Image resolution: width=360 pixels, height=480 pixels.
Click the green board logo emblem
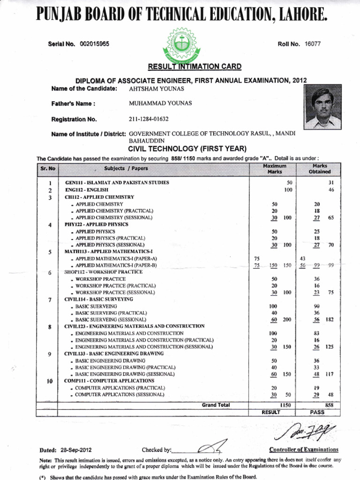[x=180, y=47]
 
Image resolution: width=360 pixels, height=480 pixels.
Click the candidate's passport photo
[x=323, y=108]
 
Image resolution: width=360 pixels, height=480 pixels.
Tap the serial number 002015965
[x=94, y=44]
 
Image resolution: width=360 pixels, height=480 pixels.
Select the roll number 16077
[x=313, y=44]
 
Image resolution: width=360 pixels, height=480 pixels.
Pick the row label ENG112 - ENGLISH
[x=87, y=190]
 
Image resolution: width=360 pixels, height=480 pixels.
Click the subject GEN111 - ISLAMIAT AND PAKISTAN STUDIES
[x=117, y=182]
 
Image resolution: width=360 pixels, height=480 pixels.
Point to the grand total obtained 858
[x=329, y=405]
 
